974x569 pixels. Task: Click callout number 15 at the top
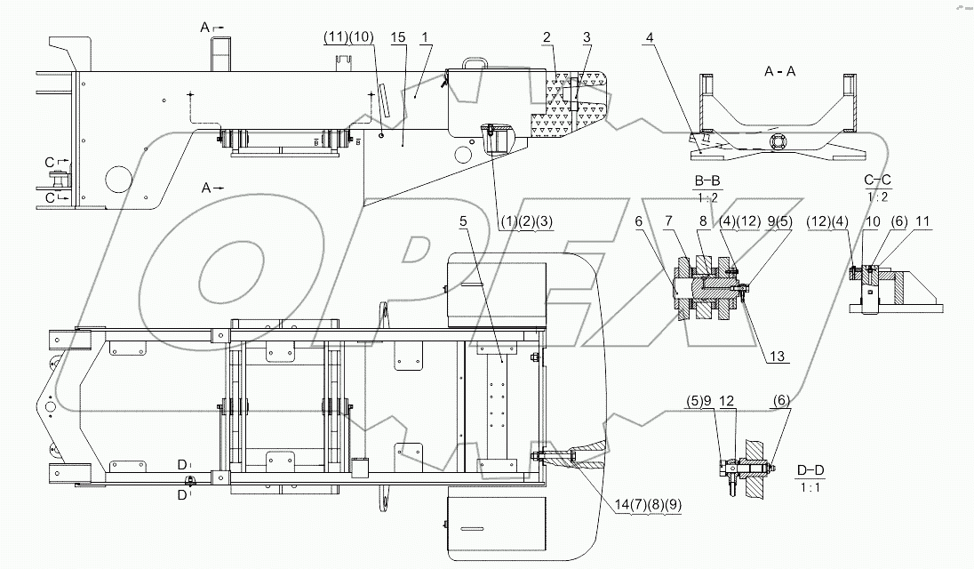(x=397, y=37)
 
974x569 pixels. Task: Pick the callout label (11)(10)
(x=347, y=37)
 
